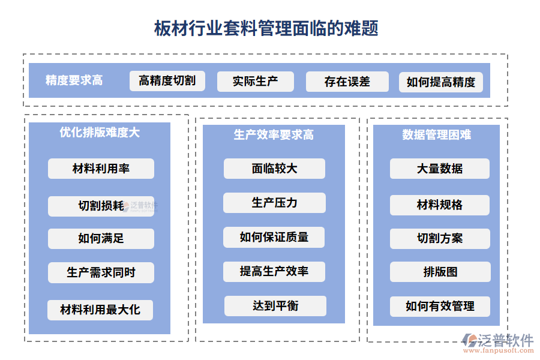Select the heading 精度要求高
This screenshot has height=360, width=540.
[x=74, y=80]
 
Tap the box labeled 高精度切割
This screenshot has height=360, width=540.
[x=167, y=81]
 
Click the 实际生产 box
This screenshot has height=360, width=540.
[x=255, y=82]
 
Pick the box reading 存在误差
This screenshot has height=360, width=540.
[x=347, y=82]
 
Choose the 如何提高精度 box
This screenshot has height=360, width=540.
[x=440, y=82]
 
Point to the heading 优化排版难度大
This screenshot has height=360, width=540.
[x=100, y=133]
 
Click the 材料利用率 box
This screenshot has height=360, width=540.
[x=101, y=169]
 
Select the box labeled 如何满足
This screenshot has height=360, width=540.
[x=101, y=238]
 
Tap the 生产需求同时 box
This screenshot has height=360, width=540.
[x=101, y=272]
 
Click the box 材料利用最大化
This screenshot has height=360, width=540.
[x=100, y=310]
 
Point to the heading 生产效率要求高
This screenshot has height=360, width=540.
[x=274, y=135]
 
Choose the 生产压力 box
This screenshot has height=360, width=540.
[x=274, y=203]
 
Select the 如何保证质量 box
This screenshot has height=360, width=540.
[x=274, y=237]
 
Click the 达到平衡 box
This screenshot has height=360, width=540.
[x=275, y=306]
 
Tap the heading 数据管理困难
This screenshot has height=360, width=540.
[x=436, y=135]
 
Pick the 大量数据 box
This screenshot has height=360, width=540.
[x=440, y=169]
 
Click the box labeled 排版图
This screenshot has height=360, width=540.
[x=440, y=272]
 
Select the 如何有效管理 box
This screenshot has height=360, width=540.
[x=440, y=306]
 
